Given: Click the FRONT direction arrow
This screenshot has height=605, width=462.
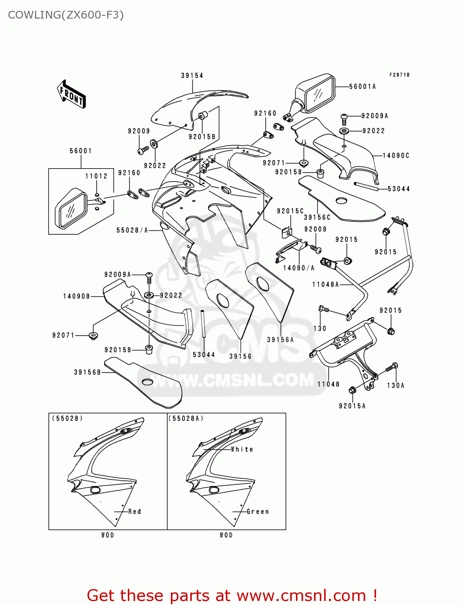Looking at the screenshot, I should pos(71,94).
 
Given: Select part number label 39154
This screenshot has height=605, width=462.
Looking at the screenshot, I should pos(192,75).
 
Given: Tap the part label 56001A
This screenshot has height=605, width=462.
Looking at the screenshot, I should pos(362,86).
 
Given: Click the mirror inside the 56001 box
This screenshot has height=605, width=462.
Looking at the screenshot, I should pos(71,208).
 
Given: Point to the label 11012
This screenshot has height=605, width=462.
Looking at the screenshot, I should pos(96,176).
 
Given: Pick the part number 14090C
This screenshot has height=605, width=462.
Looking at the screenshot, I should pos(395,155).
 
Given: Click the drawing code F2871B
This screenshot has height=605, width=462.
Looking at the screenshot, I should pos(399,75).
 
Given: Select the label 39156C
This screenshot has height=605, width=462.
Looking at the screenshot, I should pos(317,217).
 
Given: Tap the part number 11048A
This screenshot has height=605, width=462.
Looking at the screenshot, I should pos(325,284).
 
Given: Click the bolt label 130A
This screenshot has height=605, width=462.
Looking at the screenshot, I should pos(395,385).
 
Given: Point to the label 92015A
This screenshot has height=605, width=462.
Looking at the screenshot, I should pos(352,406).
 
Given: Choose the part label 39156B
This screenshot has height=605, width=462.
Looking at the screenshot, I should pos(87,372).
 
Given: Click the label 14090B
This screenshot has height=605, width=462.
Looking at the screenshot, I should pos(76,296).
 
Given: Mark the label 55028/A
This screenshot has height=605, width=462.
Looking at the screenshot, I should pos(132,230).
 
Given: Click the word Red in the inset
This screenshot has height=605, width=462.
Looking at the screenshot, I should pos(135,511).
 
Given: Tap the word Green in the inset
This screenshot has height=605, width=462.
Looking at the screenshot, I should pos(258,511).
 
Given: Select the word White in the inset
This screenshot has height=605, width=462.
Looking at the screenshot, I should pos(242,449).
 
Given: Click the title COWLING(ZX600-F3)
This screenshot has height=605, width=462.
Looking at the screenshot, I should pos(66,15).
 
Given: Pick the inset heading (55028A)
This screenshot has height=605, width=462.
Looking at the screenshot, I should pos(186,418).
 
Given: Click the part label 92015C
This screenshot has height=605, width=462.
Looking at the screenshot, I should pos(290,211).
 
